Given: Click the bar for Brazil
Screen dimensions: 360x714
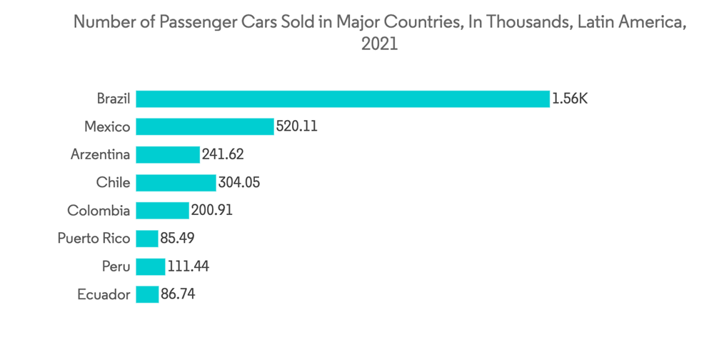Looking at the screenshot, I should point(343,99).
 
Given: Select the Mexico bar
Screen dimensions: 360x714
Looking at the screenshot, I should point(205,126).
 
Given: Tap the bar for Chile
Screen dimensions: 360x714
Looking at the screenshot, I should point(176,182).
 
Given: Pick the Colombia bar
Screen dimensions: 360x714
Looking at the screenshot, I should point(163,210).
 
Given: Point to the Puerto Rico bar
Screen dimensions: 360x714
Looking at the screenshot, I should point(147,238).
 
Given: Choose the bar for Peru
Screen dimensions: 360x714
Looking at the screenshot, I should point(151,266).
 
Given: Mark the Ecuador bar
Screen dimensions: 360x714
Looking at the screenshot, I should point(147,294).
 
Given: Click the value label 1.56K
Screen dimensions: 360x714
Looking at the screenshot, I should point(570,99).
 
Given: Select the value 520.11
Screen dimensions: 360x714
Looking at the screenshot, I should point(296,126).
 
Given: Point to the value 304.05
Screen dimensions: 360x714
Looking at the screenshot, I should point(239,182).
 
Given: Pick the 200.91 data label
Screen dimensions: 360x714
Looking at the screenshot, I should point(212,210).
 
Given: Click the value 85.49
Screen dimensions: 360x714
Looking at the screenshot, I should point(178,238).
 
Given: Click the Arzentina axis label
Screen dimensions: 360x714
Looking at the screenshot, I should point(101,154).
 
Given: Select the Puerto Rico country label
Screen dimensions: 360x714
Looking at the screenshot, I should point(94,238).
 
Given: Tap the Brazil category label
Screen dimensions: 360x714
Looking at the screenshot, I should point(114,99).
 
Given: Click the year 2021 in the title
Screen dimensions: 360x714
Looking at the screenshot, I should point(379,44).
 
